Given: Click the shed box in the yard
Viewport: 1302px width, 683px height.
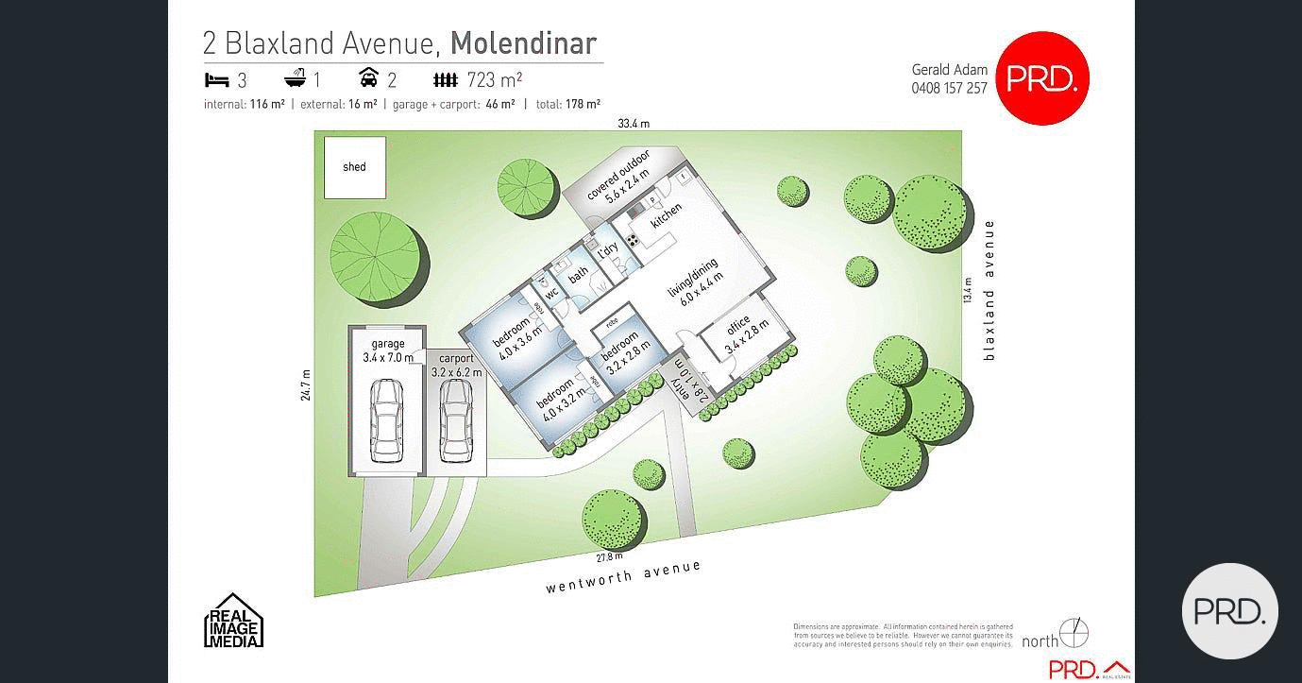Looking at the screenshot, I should point(355,167).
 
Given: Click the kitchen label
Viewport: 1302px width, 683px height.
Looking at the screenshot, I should point(666,216).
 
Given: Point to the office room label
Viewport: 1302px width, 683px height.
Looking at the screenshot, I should point(746,336).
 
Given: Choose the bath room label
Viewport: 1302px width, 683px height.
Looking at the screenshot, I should point(578,272).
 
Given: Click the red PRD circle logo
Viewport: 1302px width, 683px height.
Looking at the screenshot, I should point(1042,78).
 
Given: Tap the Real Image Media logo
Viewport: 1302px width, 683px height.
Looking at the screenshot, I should point(234,621).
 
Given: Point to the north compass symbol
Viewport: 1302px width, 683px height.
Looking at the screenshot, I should point(1074,632).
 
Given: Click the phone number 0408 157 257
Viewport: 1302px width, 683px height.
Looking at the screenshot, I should point(949,88).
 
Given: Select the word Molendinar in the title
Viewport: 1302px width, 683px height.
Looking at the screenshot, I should point(523,43).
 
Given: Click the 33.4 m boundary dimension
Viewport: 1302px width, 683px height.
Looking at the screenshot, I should point(634,124).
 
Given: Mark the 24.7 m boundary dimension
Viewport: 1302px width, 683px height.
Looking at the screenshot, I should point(305,385).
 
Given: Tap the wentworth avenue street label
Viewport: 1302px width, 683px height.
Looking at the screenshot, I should point(623,576).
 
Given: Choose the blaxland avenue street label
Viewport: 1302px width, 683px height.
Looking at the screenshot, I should point(989,289).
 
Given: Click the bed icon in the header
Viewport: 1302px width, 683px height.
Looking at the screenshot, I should point(216,79).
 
